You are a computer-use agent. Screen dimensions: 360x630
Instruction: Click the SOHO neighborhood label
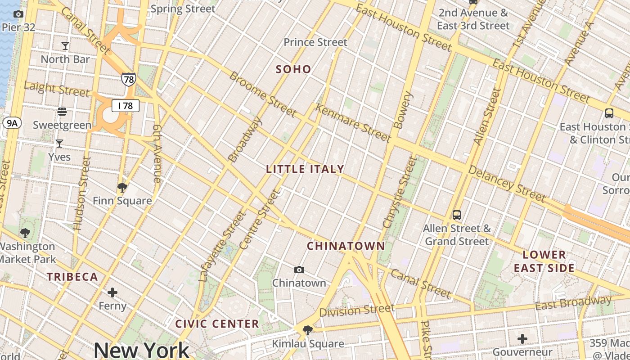point(293,69)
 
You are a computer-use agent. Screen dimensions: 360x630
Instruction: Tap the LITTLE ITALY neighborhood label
point(305,169)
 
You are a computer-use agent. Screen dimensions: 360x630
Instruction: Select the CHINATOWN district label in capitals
point(346,246)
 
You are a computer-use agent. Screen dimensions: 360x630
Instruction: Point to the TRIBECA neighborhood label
point(72,277)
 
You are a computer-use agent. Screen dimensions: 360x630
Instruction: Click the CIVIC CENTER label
point(217,324)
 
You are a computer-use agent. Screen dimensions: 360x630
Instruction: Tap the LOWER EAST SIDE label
point(544,261)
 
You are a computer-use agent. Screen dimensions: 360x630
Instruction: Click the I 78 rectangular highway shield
point(126,106)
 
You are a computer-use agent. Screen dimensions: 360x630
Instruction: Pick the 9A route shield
point(12,122)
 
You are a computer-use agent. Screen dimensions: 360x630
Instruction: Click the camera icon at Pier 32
point(18,14)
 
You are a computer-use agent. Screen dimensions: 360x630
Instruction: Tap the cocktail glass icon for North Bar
point(65,45)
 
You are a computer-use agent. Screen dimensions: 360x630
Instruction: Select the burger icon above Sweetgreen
point(62,111)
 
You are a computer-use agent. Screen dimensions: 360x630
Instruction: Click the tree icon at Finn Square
point(122,187)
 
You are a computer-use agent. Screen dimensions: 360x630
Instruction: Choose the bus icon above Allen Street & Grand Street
point(457,215)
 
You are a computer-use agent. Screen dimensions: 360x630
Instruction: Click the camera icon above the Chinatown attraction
point(299,270)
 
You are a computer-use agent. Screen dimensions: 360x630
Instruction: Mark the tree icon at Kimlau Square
point(308,331)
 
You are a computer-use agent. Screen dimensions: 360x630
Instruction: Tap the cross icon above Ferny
point(112,293)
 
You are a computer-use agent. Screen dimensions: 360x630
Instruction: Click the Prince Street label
point(315,42)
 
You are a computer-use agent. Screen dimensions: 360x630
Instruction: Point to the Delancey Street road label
point(507,183)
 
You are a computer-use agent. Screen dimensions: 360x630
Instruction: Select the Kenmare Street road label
point(353,122)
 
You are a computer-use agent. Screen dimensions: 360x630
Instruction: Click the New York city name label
point(141,350)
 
